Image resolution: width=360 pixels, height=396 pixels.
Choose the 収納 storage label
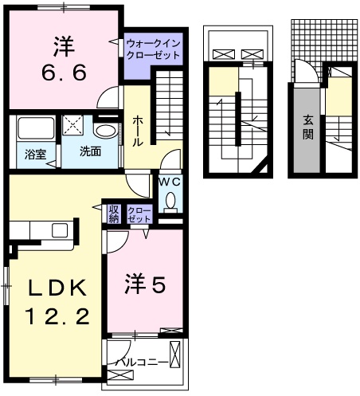coord(113,214)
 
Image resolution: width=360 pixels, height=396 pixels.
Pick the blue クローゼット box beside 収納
coord(139,214)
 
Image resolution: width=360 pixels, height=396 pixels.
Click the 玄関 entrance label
coord(307,127)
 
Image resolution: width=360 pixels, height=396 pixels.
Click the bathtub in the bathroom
coord(33,128)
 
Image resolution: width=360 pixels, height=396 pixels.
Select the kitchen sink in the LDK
coord(61,230)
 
